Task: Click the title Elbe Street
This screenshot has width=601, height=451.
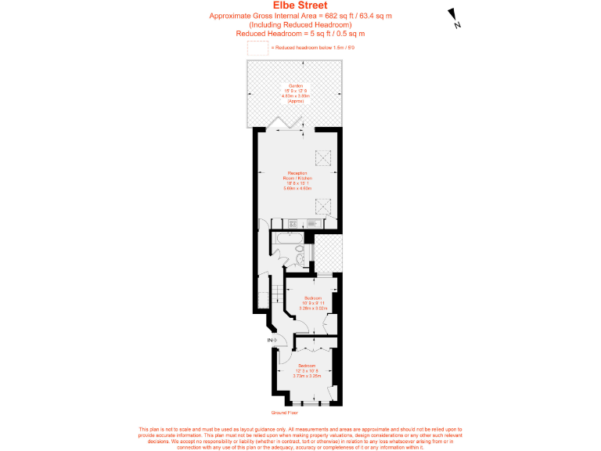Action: pyautogui.click(x=300, y=5)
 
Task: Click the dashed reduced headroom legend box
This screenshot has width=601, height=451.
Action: pyautogui.click(x=257, y=49)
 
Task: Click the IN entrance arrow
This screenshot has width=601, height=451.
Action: pyautogui.click(x=271, y=340)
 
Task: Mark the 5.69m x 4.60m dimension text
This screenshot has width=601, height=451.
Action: pyautogui.click(x=297, y=188)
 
